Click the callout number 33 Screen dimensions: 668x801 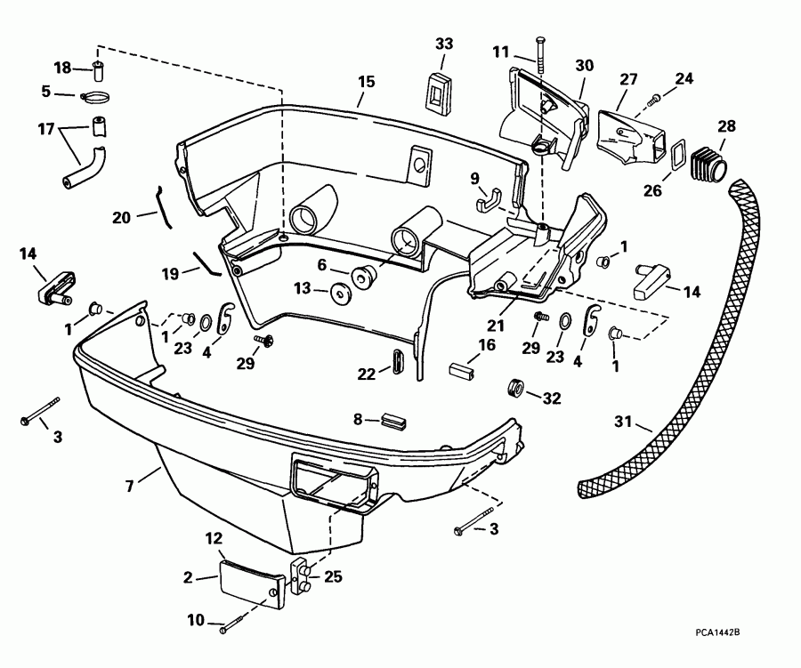pyautogui.click(x=444, y=44)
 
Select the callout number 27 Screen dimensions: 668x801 pyautogui.click(x=629, y=79)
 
